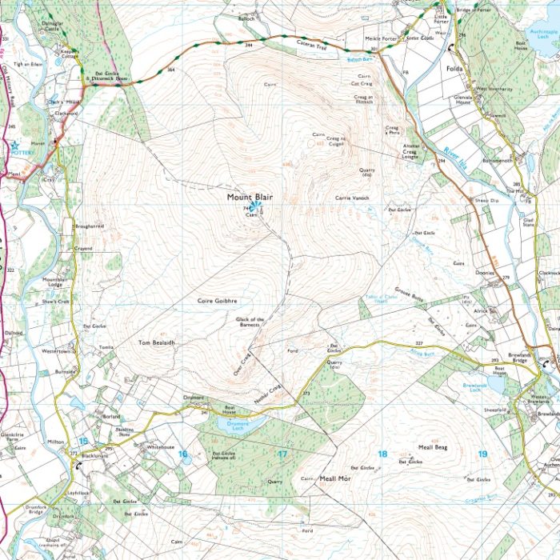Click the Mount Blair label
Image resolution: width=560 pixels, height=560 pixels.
click(250, 197)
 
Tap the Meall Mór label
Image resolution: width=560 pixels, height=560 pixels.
click(335, 478)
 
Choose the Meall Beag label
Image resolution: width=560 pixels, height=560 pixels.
click(432, 448)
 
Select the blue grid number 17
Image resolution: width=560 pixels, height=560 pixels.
click(282, 454)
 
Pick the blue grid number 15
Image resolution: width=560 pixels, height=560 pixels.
click(83, 441)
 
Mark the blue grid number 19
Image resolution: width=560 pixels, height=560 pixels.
click(482, 454)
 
